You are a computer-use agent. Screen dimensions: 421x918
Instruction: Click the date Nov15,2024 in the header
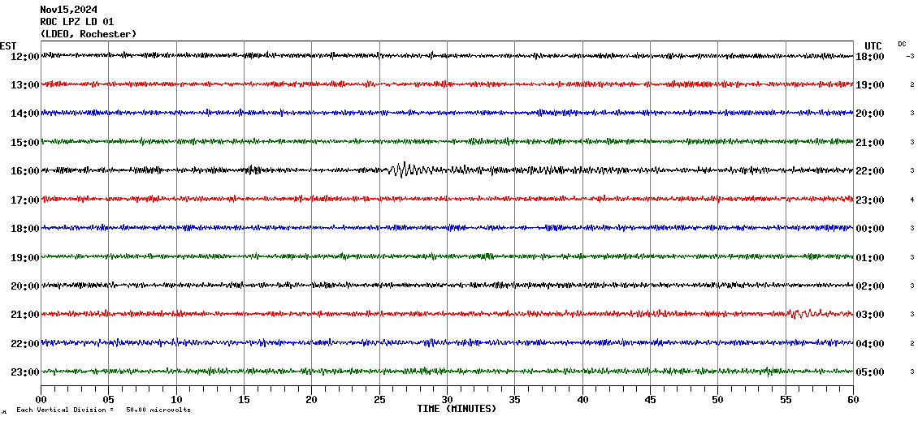(69, 10)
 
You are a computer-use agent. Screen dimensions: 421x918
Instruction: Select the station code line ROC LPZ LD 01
(77, 22)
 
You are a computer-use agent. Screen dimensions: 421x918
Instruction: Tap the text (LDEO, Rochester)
(89, 34)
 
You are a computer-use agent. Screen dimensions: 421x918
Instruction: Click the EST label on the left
(8, 45)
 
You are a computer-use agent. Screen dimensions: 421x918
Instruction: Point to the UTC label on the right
(873, 45)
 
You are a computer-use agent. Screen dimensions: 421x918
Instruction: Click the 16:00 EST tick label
(24, 171)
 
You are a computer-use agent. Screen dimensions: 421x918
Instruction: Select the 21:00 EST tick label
(24, 315)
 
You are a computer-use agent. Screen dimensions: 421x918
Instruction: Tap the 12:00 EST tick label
(24, 56)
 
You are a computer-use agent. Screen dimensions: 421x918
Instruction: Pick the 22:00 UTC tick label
(869, 171)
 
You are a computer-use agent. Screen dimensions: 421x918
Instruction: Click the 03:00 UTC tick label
(869, 315)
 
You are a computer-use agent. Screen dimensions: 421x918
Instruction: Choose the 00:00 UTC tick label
(869, 229)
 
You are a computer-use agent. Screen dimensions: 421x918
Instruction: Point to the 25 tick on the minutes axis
(379, 400)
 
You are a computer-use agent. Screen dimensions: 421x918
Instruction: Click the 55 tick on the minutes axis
(786, 400)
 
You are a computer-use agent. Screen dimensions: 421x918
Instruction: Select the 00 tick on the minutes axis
(41, 400)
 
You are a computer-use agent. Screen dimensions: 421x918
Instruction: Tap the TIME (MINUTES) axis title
(457, 409)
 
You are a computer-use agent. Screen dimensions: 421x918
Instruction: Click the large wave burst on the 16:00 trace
(404, 170)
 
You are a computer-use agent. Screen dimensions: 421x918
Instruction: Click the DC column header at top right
(902, 44)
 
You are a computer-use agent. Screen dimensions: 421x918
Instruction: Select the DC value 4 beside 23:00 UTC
(912, 200)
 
